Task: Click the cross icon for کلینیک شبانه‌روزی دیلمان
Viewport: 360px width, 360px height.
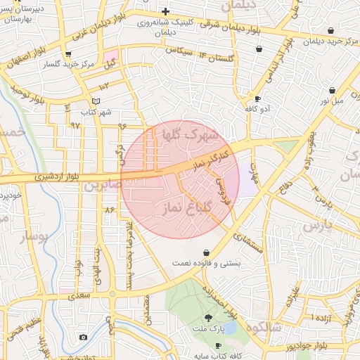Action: click(x=165, y=11)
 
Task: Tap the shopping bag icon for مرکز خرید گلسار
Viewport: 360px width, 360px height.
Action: click(x=67, y=53)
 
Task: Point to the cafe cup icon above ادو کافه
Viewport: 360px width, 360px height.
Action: click(x=258, y=98)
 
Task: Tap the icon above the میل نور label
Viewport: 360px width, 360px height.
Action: click(x=332, y=90)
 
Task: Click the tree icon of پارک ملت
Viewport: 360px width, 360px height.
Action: click(x=207, y=318)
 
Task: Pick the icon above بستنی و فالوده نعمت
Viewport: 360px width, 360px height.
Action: click(x=206, y=252)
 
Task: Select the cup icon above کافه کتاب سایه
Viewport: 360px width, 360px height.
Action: click(x=218, y=345)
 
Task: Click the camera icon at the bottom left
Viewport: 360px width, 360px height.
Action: click(x=83, y=337)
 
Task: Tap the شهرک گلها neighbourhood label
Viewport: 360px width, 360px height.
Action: click(x=191, y=134)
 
